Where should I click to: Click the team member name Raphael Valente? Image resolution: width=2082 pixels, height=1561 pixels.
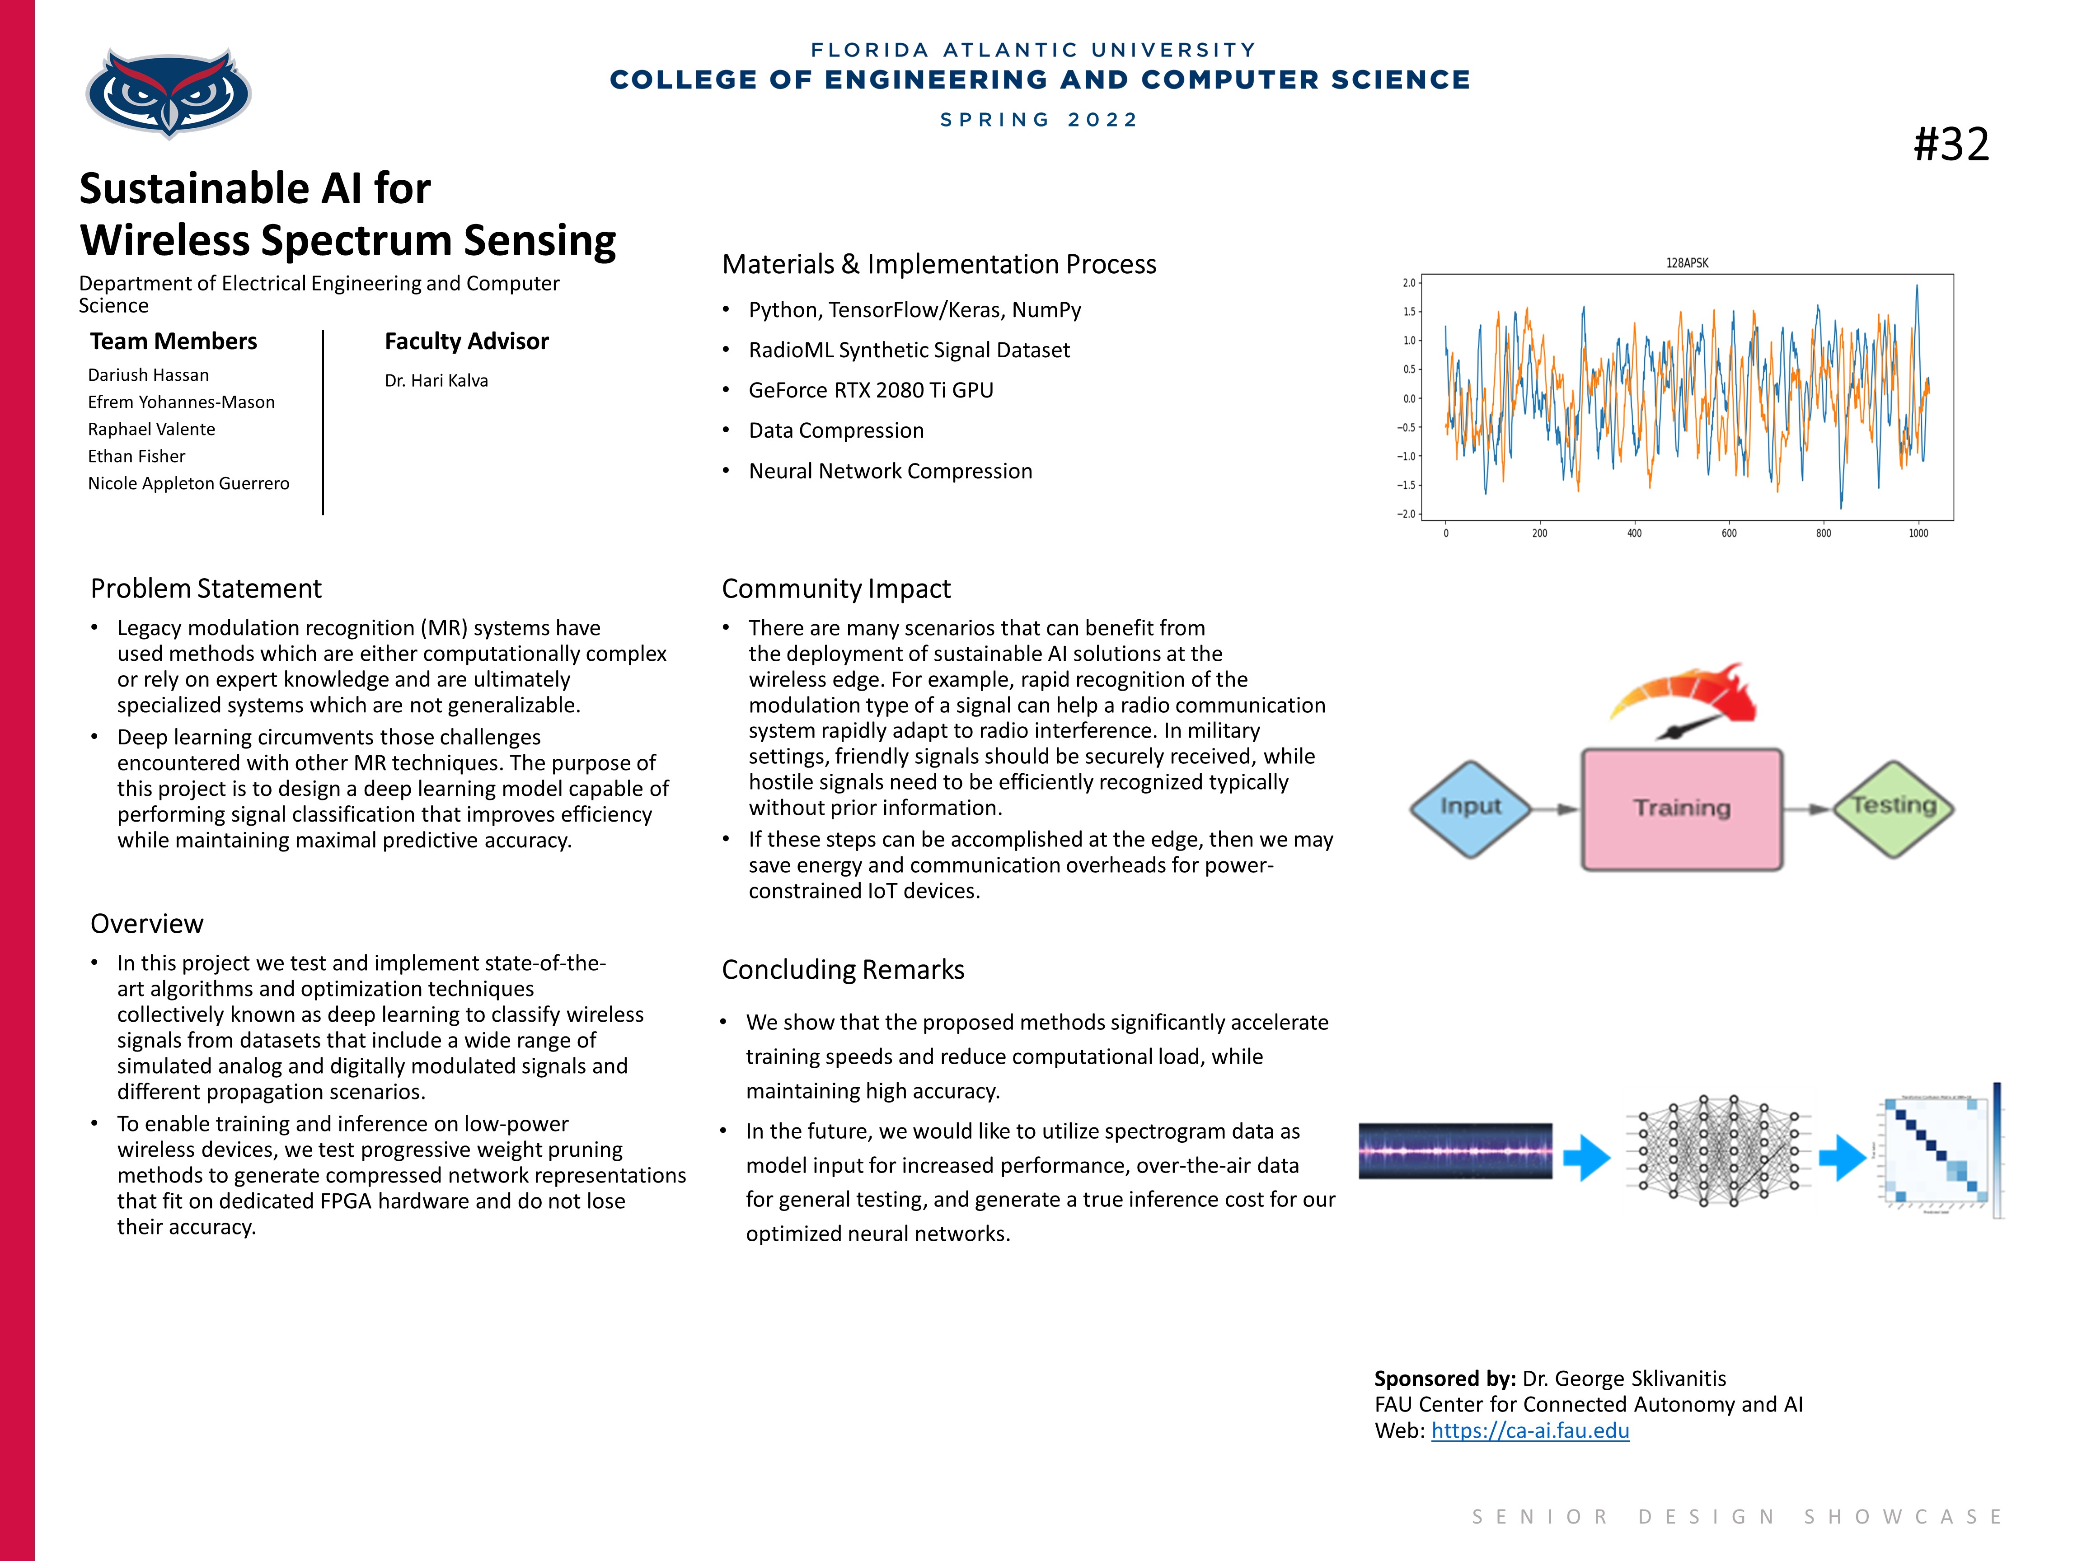151,429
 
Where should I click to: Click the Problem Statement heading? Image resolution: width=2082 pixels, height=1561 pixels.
206,589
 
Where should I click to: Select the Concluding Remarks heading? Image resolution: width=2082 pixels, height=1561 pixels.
842,970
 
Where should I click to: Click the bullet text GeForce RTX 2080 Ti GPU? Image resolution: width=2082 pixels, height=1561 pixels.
871,391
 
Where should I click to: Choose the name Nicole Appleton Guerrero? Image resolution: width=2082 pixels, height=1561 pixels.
188,484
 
